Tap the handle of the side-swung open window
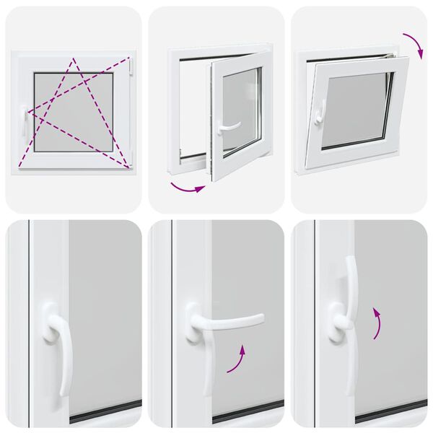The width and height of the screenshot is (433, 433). (229, 126)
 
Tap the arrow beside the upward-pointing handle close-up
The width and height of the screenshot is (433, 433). (377, 322)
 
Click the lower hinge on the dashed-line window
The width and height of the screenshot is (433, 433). (132, 162)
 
